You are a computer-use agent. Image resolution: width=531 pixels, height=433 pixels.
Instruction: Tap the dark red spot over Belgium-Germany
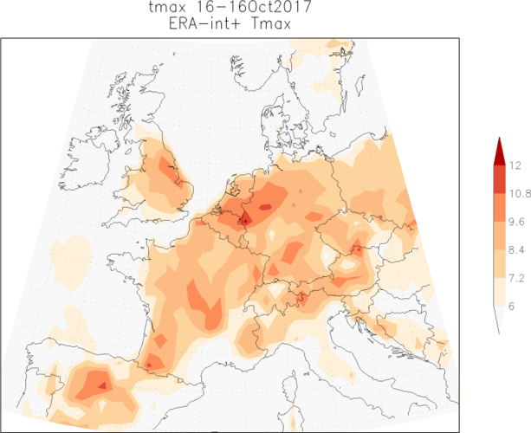click(x=245, y=220)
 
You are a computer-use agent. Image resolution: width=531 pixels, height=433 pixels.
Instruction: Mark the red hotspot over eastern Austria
click(x=356, y=250)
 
